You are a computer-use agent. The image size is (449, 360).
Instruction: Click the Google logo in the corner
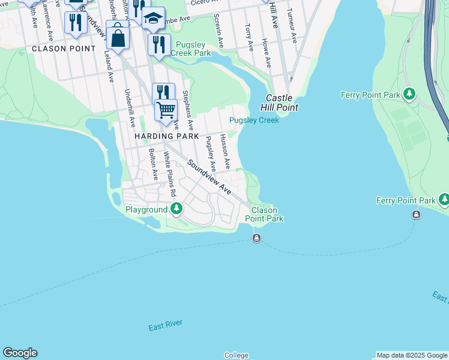20,353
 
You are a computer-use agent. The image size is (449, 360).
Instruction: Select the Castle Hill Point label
279,103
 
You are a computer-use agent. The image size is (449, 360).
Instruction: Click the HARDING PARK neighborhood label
166,137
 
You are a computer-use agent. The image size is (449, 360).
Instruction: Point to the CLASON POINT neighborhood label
63,49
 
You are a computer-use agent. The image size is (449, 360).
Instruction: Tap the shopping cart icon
166,109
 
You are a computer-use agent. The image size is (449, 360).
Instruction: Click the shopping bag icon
119,38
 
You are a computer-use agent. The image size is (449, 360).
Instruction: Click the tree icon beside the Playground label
176,209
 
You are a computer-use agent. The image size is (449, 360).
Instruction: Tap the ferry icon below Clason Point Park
256,239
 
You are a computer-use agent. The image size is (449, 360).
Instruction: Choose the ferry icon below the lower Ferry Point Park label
416,215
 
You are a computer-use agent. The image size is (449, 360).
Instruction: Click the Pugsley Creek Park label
191,49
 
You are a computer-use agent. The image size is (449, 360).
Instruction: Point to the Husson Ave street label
224,151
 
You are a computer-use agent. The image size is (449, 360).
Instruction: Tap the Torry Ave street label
249,37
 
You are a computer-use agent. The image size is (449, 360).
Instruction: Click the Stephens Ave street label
187,109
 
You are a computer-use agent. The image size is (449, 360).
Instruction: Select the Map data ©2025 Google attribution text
412,355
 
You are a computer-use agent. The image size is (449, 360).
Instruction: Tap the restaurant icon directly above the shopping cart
163,92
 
